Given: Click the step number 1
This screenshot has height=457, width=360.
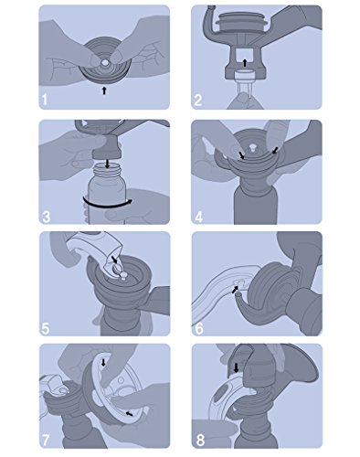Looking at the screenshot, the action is coord(45,100).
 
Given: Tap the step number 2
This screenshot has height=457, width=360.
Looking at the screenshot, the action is coord(198,100).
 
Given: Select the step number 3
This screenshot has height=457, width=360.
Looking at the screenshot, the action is coord(47,217).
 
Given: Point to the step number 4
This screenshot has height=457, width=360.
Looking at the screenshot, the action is coord(198,217).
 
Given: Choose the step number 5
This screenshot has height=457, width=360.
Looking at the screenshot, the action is coord(46,329).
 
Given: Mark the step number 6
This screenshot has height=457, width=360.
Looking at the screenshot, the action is coord(198,329).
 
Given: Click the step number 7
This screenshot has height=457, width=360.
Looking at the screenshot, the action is coord(46,441).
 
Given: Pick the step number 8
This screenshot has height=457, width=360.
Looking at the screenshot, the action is coord(200,441).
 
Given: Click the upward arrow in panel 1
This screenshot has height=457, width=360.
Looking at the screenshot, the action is coord(104,90).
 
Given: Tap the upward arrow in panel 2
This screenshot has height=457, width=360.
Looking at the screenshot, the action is coord(245,63).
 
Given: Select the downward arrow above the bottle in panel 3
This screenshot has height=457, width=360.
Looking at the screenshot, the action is coord(107,164).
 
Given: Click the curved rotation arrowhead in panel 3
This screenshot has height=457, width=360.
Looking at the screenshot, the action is coord(130,201).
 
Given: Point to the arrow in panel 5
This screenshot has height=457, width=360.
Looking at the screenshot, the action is coord(114,260).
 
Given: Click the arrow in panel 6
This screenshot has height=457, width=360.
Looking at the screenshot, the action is coord(236,290).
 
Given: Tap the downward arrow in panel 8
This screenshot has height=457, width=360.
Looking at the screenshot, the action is coord(236,367).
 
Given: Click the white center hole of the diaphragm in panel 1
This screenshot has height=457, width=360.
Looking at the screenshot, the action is coord(105,63).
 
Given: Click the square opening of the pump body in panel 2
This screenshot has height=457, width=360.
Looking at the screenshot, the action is coord(244,58).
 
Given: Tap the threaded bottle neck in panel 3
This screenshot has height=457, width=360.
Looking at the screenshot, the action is coord(107,171).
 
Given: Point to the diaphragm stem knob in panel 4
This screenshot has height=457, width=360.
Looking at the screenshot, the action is coord(251,148).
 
